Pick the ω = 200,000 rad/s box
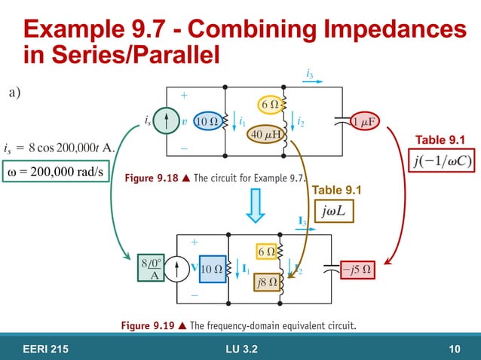click(x=54, y=173)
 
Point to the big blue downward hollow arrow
click(x=256, y=204)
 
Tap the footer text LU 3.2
click(x=242, y=347)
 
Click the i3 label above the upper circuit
click(x=310, y=72)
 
